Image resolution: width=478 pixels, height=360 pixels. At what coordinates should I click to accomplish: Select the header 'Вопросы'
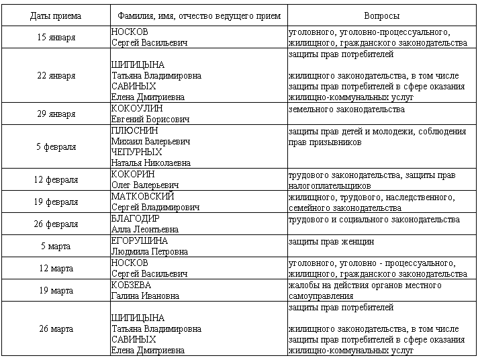tap(381, 15)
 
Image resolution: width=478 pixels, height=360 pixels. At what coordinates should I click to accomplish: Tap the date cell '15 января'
tap(56, 37)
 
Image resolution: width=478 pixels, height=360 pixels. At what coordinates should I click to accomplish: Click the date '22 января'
tap(56, 75)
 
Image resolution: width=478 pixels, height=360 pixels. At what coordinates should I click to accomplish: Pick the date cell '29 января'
tap(56, 114)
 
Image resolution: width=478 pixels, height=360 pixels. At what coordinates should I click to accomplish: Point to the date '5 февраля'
tap(56, 146)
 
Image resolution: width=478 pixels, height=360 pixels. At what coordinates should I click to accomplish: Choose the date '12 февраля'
tap(56, 179)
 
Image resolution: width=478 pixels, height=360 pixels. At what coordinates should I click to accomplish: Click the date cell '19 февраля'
tap(56, 201)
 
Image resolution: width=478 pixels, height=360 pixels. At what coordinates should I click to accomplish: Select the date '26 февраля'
tap(56, 224)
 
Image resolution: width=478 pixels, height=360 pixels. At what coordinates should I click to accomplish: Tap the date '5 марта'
tap(56, 246)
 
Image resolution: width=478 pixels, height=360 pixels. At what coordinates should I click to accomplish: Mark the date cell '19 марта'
tap(56, 290)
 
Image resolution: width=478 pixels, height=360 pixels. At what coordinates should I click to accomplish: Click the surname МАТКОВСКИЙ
tap(142, 196)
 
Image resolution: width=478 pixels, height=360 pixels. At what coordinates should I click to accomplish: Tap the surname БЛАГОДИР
tap(136, 218)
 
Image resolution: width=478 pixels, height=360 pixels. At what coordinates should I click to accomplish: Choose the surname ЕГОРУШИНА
tap(139, 240)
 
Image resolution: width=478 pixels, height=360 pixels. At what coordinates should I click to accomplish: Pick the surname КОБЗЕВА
tap(131, 285)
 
